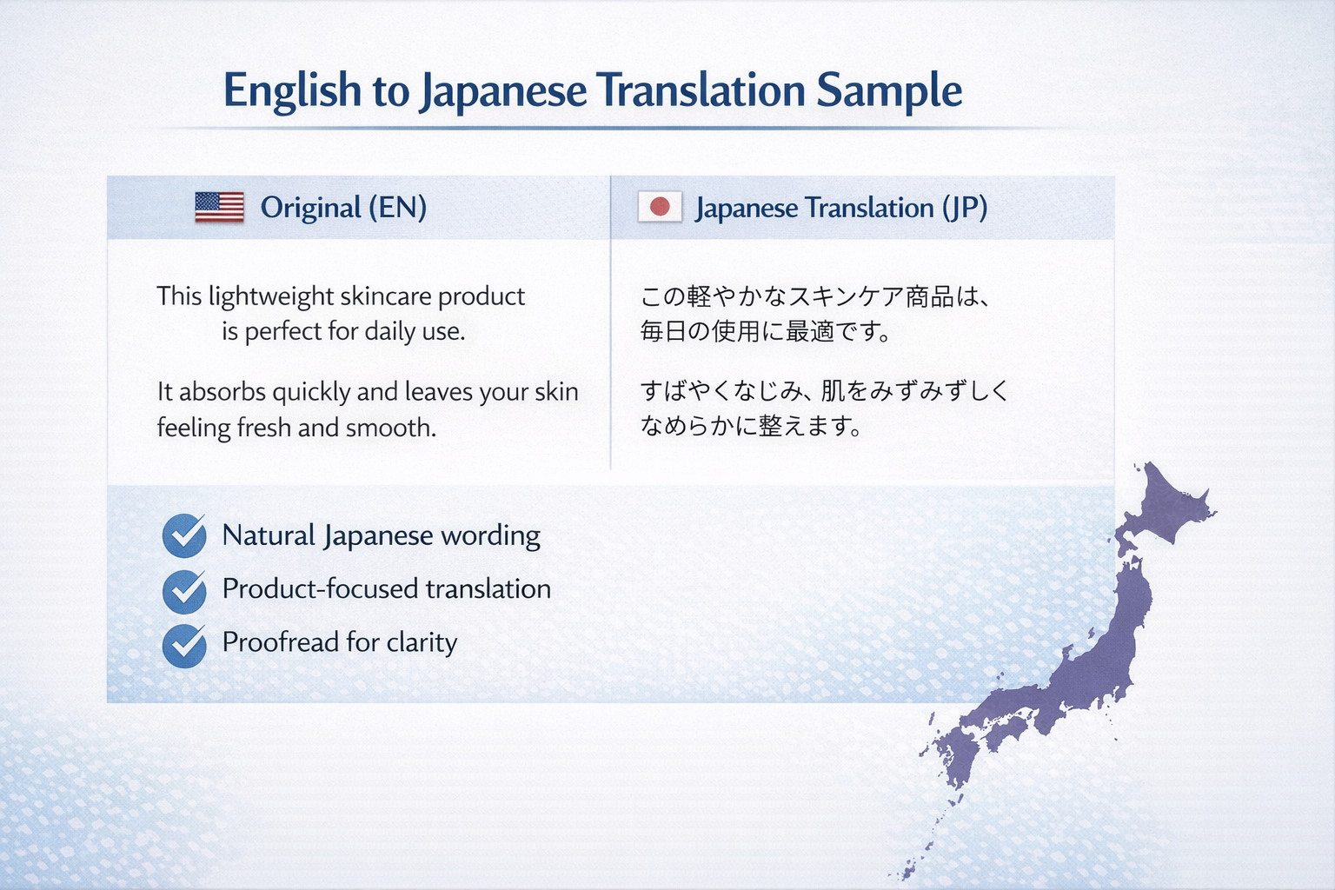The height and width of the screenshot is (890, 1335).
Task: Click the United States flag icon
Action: tap(219, 207)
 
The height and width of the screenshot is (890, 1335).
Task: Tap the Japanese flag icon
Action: tap(660, 207)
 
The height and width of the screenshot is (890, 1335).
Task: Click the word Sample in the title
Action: tap(889, 90)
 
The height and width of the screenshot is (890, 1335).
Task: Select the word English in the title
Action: tap(292, 90)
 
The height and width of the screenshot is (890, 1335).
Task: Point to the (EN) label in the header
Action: tap(397, 208)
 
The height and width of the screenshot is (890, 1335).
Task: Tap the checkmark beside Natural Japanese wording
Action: tap(184, 535)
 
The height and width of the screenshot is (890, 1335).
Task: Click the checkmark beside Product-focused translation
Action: tap(184, 591)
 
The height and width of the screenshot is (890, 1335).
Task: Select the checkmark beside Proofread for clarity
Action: tap(184, 646)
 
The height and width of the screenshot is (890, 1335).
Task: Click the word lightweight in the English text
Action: tap(271, 297)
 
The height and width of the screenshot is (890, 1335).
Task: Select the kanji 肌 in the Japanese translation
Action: tap(833, 391)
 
